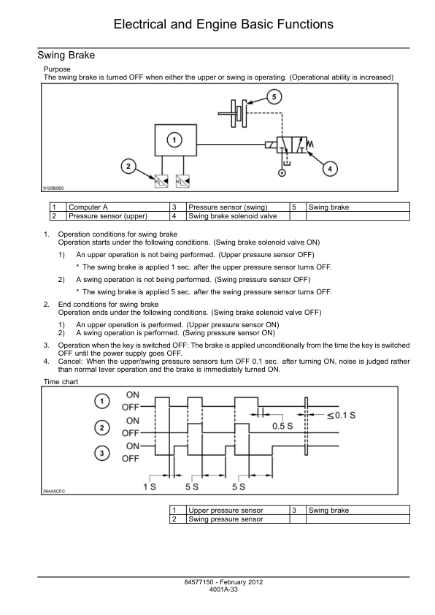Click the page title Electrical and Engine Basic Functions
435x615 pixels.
click(223, 24)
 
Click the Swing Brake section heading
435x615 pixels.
click(66, 55)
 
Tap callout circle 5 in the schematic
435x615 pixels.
click(274, 97)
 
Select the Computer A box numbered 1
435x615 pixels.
click(176, 140)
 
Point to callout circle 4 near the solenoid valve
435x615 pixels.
click(330, 169)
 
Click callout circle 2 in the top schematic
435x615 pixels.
click(128, 167)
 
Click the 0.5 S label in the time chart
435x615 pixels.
click(282, 426)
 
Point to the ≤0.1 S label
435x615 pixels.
click(341, 416)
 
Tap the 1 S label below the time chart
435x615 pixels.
click(150, 486)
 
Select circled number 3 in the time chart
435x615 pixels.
click(102, 454)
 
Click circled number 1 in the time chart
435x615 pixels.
click(102, 401)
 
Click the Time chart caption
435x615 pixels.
click(61, 381)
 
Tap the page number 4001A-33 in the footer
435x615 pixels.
click(223, 589)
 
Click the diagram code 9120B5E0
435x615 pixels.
click(53, 188)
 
